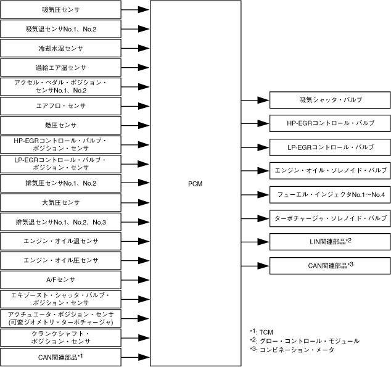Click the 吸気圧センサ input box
pos(61,10)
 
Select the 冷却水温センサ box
pos(61,48)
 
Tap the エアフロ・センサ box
pos(61,105)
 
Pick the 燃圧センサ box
pos(61,125)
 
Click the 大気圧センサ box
pos(61,202)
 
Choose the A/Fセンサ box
pos(61,279)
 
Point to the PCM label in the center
pos(195,184)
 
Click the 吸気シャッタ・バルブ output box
pos(330,100)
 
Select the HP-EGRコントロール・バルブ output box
pos(330,123)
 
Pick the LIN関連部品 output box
pos(330,241)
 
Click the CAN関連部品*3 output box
pos(330,265)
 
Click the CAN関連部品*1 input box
pos(61,357)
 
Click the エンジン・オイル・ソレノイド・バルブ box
pos(330,170)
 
